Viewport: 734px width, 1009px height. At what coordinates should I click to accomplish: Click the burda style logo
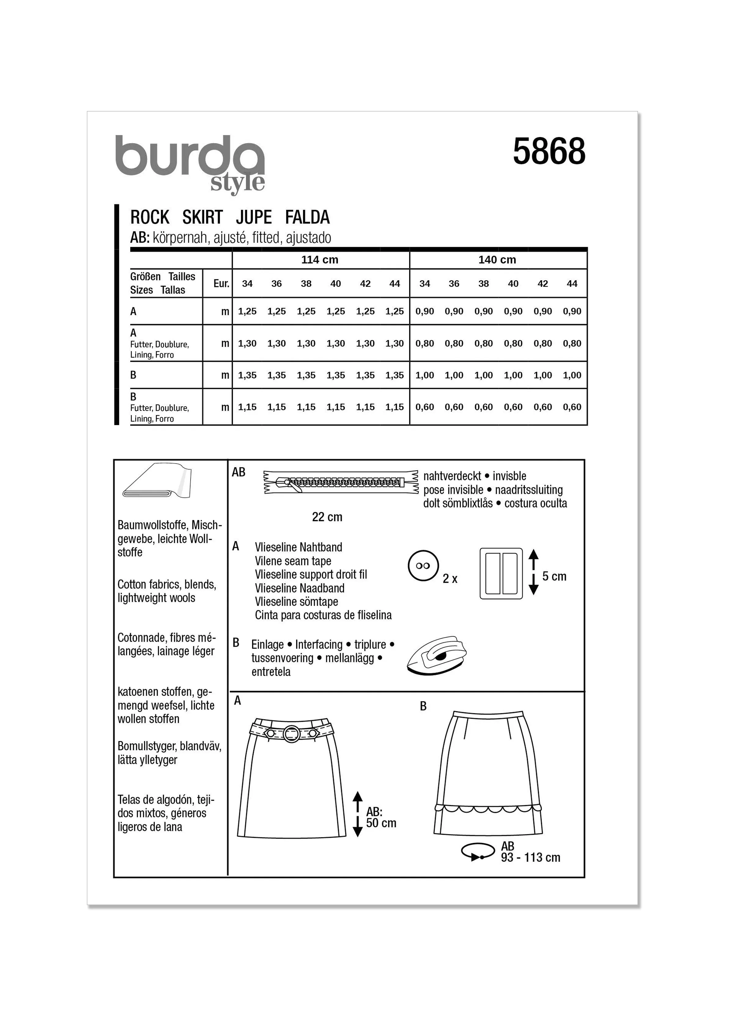tap(191, 164)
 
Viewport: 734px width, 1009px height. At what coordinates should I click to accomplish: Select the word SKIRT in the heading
tap(202, 218)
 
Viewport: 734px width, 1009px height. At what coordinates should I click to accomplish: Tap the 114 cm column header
tap(320, 260)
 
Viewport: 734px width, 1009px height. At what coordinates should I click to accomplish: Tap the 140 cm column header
tap(497, 260)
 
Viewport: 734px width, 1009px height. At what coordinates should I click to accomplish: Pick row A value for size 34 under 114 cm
tap(247, 312)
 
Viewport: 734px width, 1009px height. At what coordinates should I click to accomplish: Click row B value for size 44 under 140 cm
tap(572, 375)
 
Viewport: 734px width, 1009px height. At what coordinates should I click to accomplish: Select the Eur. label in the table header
tap(221, 283)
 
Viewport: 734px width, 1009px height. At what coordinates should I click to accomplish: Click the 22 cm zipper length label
tap(327, 517)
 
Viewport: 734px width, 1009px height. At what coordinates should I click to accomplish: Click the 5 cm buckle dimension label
tap(554, 577)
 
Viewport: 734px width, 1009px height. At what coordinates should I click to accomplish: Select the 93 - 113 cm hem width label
tap(530, 857)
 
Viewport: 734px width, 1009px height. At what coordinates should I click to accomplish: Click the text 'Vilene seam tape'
tap(293, 561)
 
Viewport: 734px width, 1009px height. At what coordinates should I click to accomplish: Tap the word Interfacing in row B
tap(319, 645)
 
